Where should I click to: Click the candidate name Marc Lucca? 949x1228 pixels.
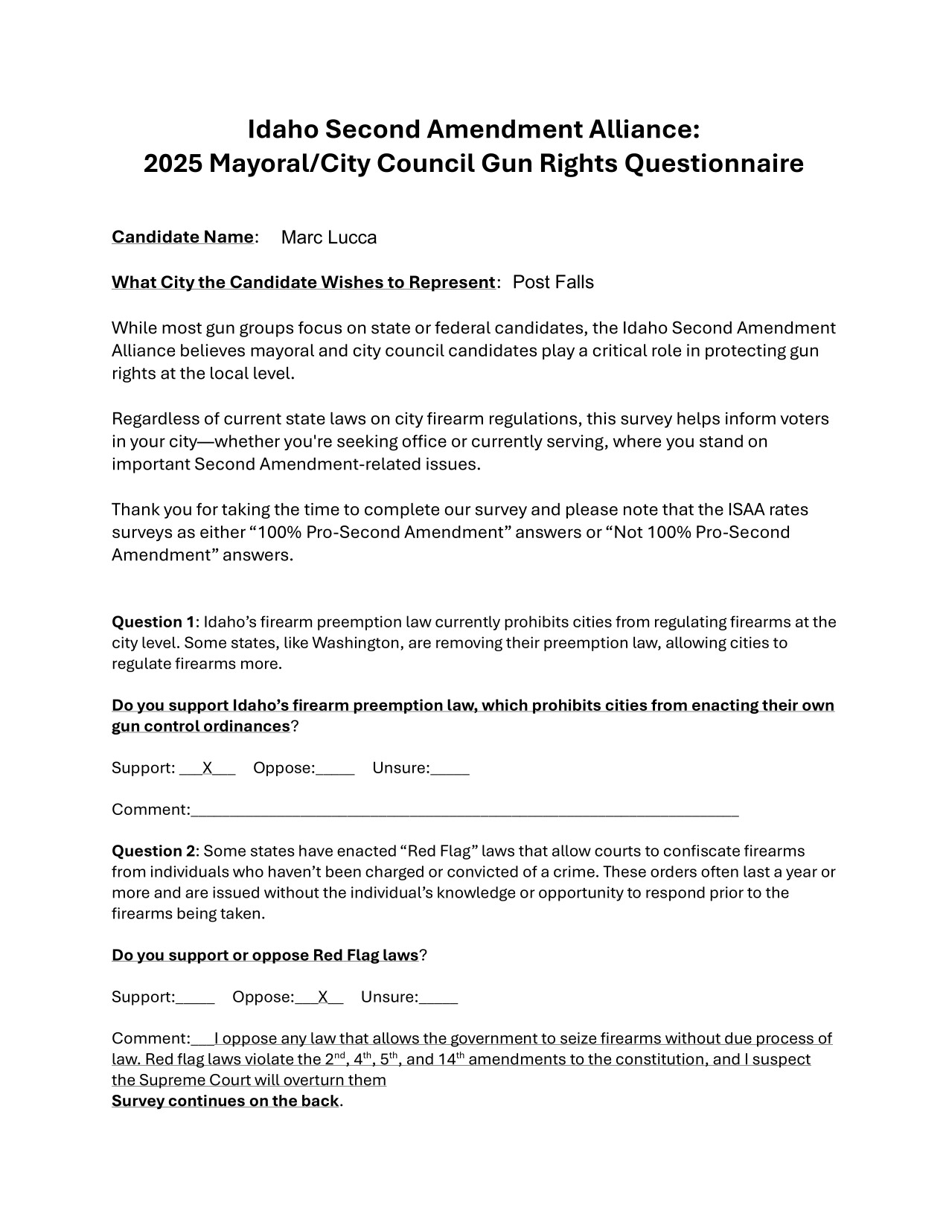click(329, 237)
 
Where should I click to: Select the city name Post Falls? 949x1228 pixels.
click(553, 282)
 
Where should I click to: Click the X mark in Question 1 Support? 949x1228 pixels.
click(208, 768)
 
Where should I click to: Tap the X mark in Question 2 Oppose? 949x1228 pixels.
click(323, 997)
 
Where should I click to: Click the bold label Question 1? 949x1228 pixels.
click(153, 622)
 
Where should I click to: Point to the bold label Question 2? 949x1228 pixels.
click(153, 851)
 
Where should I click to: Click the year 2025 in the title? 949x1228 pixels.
click(172, 164)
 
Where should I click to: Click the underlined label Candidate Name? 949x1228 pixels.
click(182, 237)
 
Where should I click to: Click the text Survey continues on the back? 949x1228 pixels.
click(225, 1101)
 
